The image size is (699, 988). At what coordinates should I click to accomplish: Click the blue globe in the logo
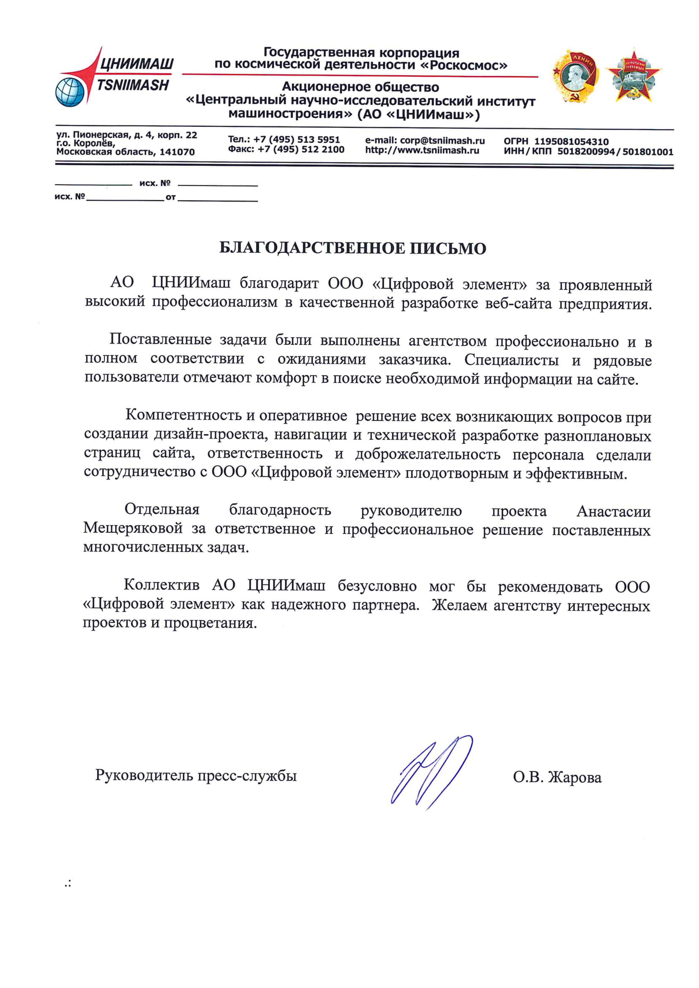click(x=69, y=92)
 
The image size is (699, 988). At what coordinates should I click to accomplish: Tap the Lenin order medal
click(x=576, y=76)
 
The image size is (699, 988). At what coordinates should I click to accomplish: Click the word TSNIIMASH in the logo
click(x=133, y=85)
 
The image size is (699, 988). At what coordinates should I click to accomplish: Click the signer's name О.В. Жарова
click(x=557, y=777)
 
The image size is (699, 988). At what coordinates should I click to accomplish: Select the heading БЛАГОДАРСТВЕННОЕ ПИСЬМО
click(x=352, y=248)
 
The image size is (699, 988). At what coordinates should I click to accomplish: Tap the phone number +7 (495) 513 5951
click(x=297, y=139)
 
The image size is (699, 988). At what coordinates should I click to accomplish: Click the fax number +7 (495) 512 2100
click(x=301, y=149)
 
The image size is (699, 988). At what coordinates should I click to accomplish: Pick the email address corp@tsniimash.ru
click(x=442, y=141)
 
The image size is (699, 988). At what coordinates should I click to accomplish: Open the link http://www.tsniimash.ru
click(x=422, y=150)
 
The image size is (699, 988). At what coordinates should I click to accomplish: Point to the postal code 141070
click(x=177, y=152)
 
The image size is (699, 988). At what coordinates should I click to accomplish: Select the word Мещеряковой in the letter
click(x=133, y=528)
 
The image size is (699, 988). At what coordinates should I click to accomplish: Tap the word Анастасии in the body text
click(x=613, y=511)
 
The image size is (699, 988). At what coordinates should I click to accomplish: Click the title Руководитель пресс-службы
click(x=196, y=775)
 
